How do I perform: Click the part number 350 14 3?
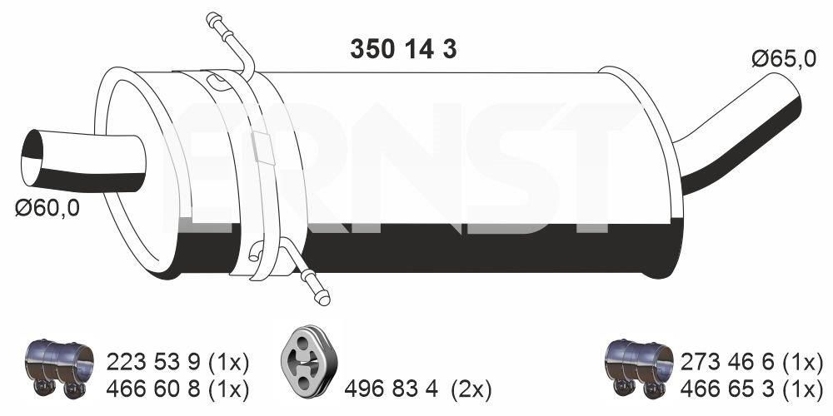[x=403, y=49]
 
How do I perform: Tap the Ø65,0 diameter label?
[x=784, y=59]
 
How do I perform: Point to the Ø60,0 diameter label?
[x=47, y=209]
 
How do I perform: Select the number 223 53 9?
[x=153, y=363]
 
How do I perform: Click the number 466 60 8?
[x=153, y=390]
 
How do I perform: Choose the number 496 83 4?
[x=391, y=390]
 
